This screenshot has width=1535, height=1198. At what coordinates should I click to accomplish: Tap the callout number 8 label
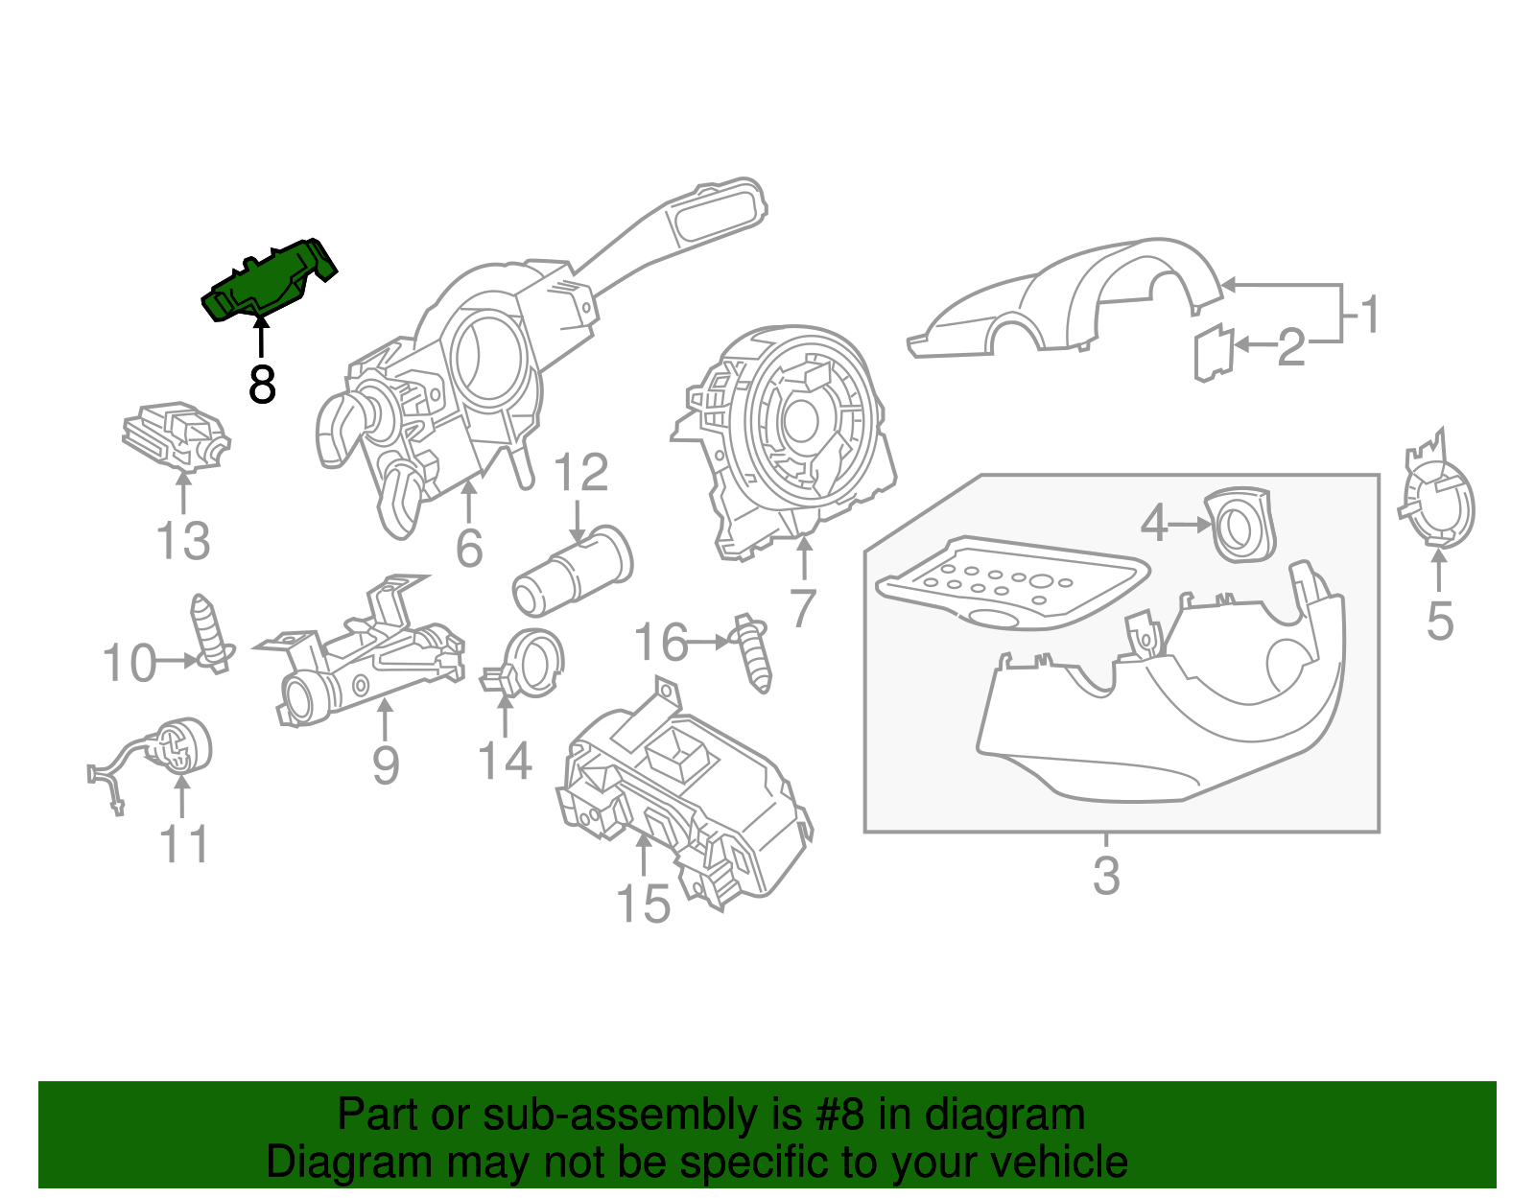261,385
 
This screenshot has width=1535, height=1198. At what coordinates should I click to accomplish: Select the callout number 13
182,541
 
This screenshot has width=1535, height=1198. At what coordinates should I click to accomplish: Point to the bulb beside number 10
210,634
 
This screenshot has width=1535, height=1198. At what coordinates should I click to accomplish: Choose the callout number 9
385,765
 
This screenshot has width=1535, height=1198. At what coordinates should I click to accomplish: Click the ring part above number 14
531,664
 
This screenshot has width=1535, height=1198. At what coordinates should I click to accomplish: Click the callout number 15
642,904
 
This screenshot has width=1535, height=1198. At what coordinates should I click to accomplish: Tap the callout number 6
468,549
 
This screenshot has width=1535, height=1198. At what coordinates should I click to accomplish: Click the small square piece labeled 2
1213,353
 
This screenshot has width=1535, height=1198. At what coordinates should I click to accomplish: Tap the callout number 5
1439,622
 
